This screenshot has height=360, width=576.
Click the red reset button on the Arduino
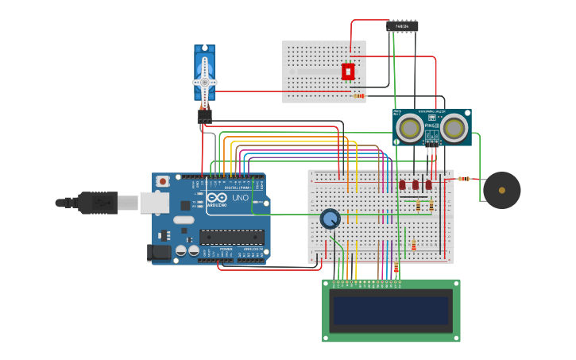(163, 181)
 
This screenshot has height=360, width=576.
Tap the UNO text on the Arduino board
(240, 197)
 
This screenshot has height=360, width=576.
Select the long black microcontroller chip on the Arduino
(232, 237)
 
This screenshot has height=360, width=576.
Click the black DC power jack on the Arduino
(158, 254)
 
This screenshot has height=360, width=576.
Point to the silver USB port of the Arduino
(154, 203)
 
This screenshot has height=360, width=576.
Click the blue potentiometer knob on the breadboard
(330, 219)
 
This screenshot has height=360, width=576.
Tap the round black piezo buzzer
(501, 191)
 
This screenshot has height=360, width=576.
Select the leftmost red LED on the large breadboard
(402, 184)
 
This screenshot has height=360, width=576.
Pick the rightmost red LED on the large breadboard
(429, 184)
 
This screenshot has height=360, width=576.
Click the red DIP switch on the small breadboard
(348, 72)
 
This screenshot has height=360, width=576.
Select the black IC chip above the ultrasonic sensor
(402, 26)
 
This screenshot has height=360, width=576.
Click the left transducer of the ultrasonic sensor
(410, 128)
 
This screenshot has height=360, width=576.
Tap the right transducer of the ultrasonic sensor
(454, 128)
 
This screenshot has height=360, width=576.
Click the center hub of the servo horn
(204, 82)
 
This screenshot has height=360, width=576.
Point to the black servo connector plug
(204, 116)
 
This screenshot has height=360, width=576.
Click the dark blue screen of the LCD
(390, 311)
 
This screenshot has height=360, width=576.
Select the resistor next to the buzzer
(463, 179)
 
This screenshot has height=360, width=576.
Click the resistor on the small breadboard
(358, 96)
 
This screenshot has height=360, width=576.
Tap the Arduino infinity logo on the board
(218, 197)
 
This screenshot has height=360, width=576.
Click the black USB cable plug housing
(98, 203)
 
